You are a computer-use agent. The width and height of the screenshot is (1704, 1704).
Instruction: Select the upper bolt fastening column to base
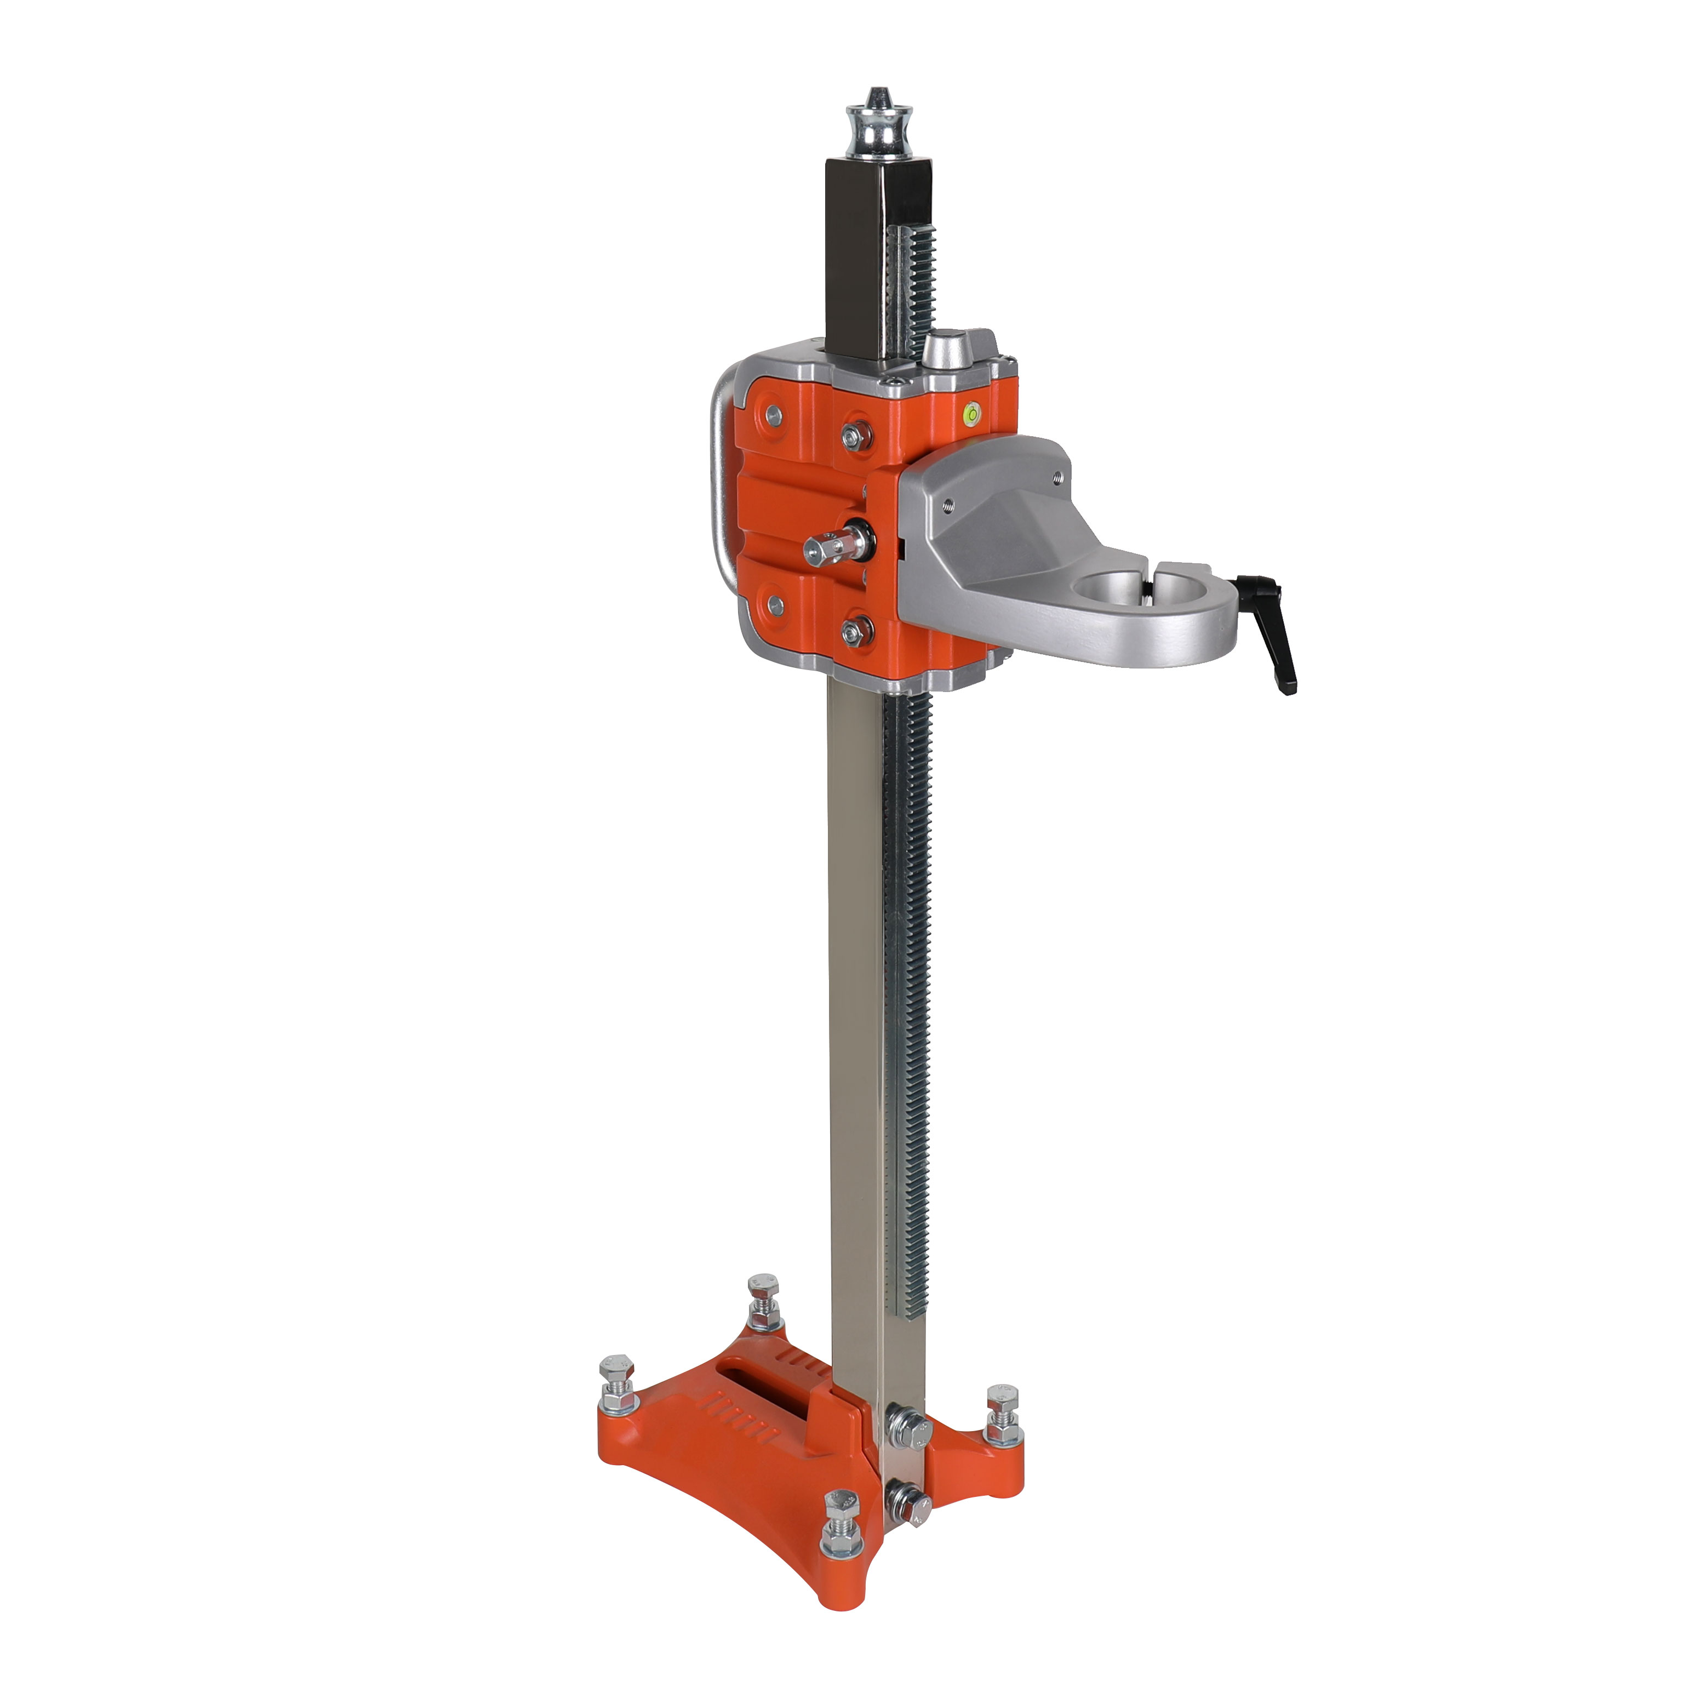pyautogui.click(x=908, y=1427)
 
